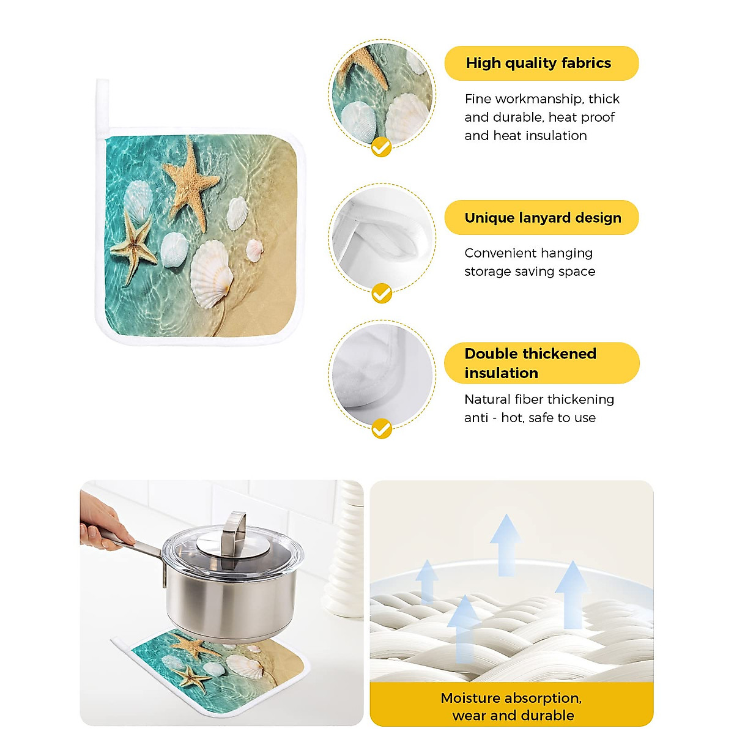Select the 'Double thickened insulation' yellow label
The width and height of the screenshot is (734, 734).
pos(541,363)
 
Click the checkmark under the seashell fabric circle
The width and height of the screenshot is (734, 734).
pos(382,147)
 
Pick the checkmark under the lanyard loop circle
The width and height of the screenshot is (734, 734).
pos(382,294)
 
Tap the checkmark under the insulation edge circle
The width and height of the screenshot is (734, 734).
pos(382,428)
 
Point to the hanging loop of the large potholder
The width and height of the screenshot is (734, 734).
pos(102,107)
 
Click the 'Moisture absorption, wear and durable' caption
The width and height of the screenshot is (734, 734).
pos(511,706)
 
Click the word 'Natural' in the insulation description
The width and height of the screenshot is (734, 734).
pos(487,399)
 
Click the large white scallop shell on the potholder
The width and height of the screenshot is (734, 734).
pos(211,273)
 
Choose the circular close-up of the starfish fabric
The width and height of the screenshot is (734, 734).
pos(382,95)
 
